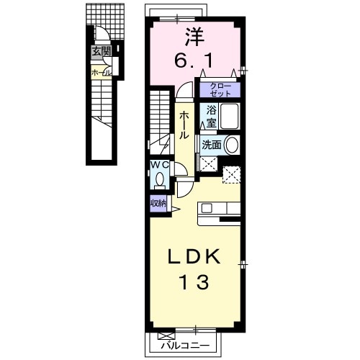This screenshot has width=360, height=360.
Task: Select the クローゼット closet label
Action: pyautogui.click(x=220, y=90)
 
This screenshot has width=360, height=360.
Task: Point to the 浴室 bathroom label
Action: pyautogui.click(x=211, y=116)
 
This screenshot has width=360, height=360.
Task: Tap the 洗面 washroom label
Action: pyautogui.click(x=212, y=144)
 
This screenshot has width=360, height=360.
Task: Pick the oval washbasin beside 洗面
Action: pyautogui.click(x=232, y=144)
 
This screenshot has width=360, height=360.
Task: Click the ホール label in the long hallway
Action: pyautogui.click(x=184, y=125)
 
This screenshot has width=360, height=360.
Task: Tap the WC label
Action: pyautogui.click(x=160, y=165)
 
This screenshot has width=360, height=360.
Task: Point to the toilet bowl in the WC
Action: pyautogui.click(x=159, y=181)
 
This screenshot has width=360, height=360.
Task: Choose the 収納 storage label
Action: pyautogui.click(x=158, y=204)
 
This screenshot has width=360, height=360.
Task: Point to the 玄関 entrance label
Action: pyautogui.click(x=101, y=52)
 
